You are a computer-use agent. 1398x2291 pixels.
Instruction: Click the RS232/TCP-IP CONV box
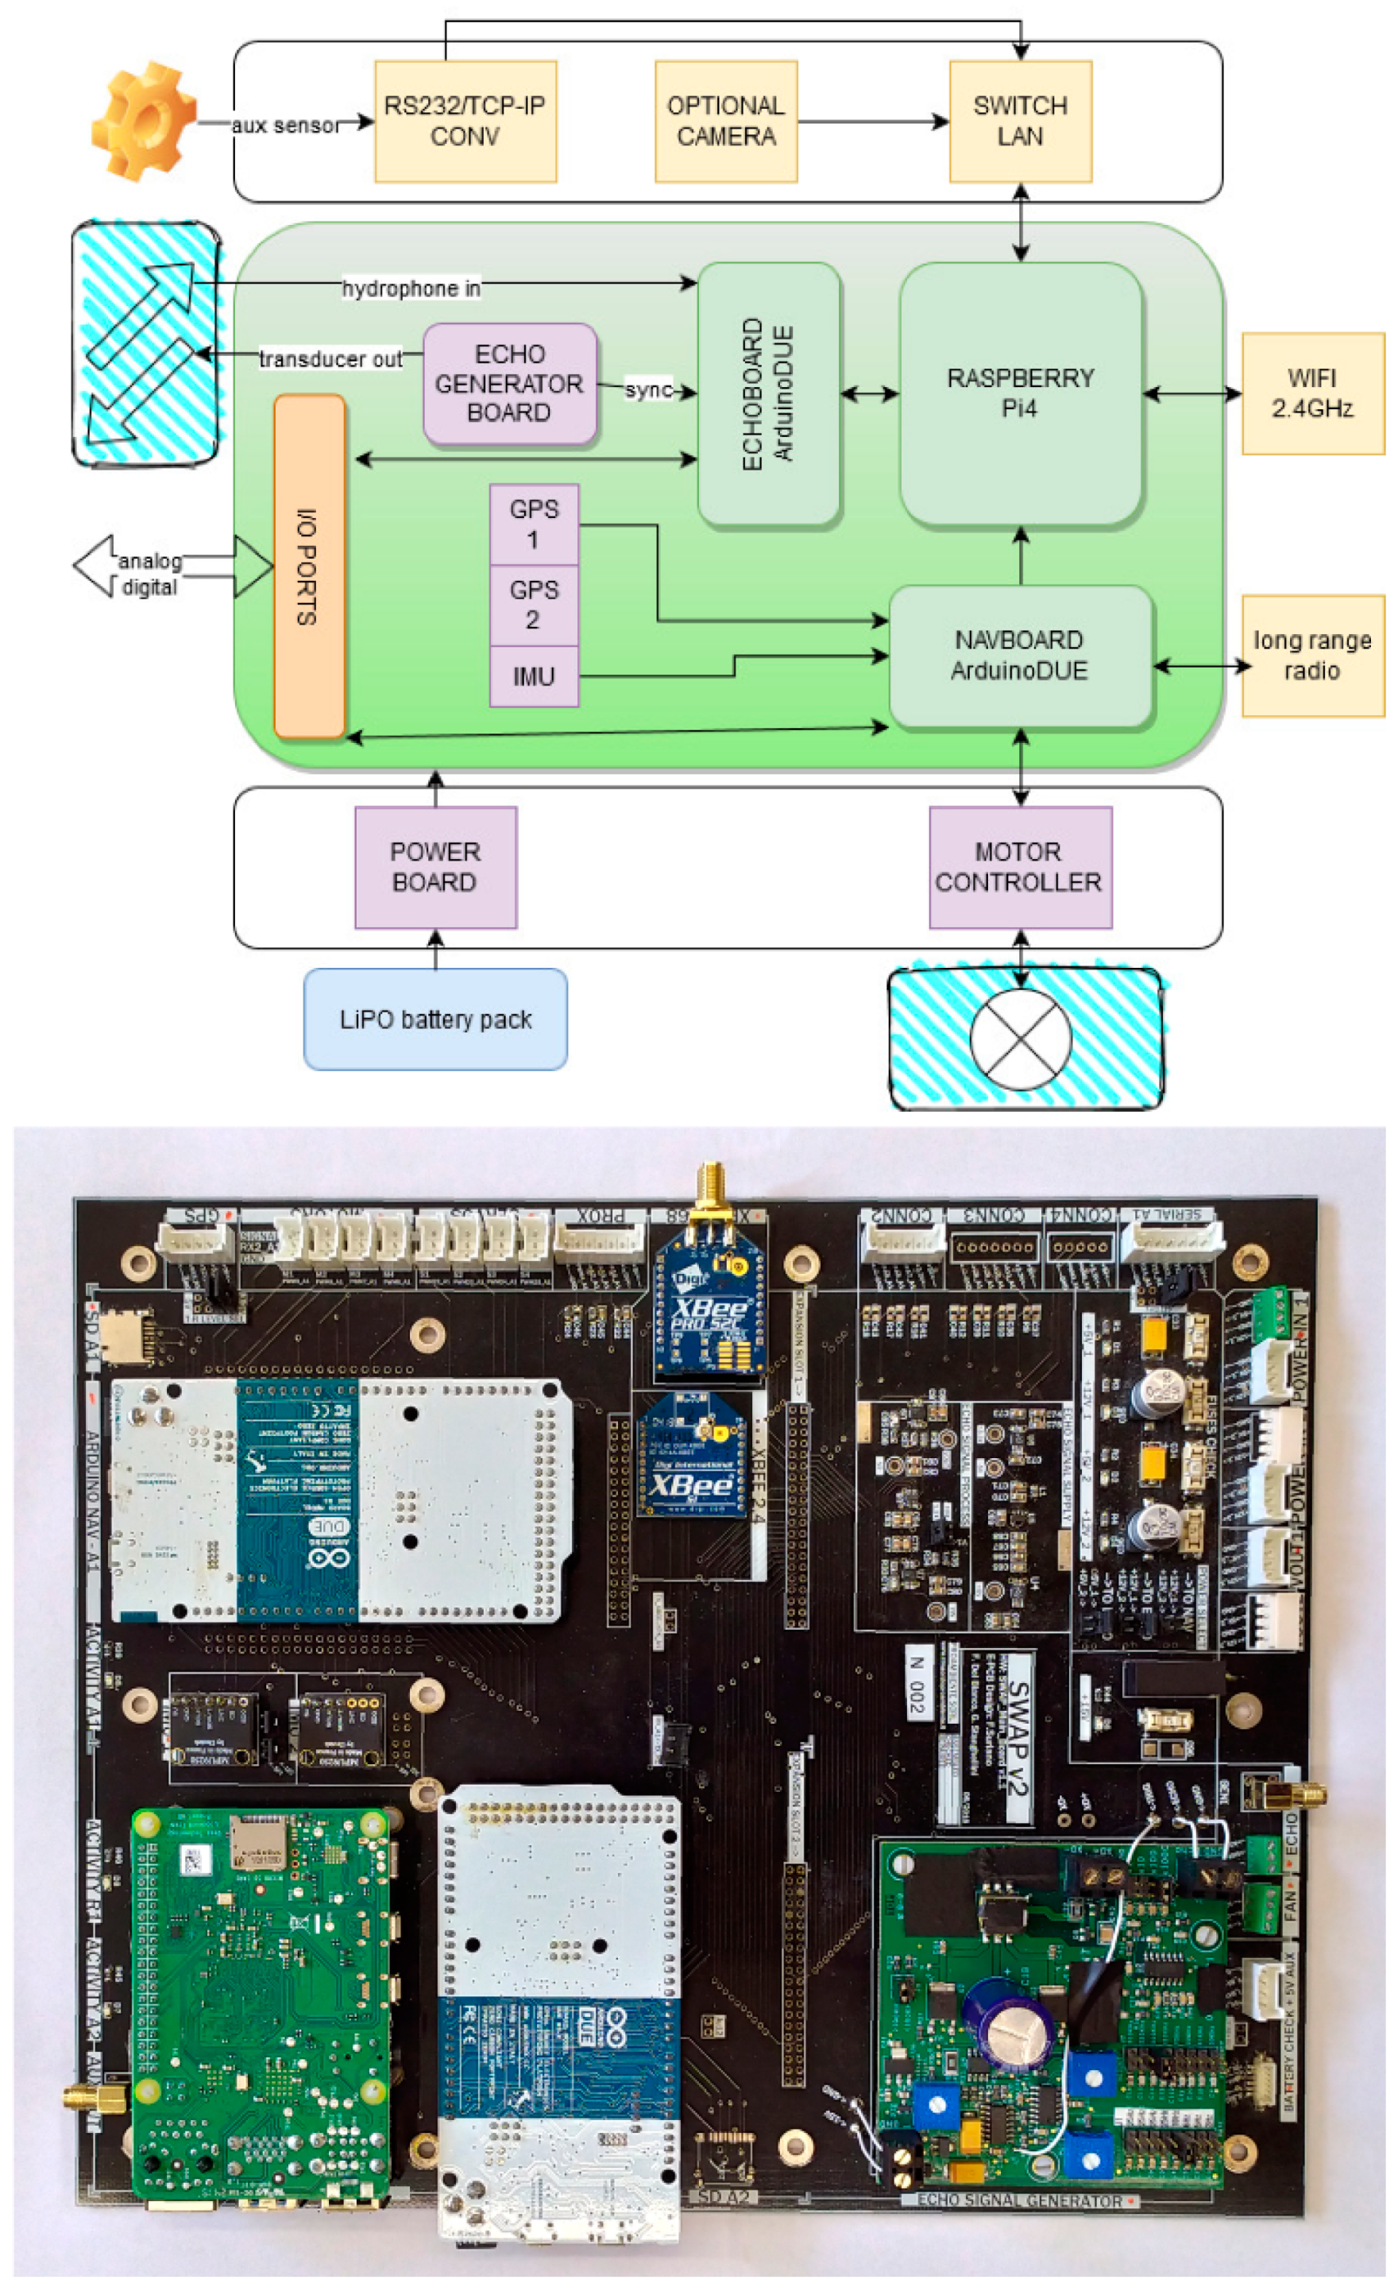pyautogui.click(x=465, y=121)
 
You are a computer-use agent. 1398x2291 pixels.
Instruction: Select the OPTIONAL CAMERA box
pyautogui.click(x=725, y=121)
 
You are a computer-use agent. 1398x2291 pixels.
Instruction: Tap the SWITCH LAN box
pyautogui.click(x=1020, y=121)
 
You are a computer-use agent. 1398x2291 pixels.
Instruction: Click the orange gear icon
pyautogui.click(x=144, y=121)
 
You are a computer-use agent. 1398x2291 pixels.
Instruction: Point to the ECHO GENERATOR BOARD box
pyautogui.click(x=508, y=383)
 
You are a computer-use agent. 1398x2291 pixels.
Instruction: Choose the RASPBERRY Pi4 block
pyautogui.click(x=1020, y=393)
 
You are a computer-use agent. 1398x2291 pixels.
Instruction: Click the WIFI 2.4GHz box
pyautogui.click(x=1311, y=393)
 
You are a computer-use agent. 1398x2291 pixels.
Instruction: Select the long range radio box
pyautogui.click(x=1311, y=655)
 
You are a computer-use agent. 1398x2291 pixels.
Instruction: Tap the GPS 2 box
pyautogui.click(x=533, y=605)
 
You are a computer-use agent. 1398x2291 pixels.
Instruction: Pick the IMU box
pyautogui.click(x=533, y=676)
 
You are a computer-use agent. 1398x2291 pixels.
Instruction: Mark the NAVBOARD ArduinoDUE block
pyautogui.click(x=1020, y=655)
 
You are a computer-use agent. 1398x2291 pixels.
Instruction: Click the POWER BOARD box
pyautogui.click(x=435, y=866)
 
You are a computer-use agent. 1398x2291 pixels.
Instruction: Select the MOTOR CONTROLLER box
pyautogui.click(x=1020, y=866)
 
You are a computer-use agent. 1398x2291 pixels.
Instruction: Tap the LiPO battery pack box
pyautogui.click(x=435, y=1019)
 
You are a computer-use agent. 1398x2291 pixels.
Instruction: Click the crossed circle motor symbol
pyautogui.click(x=1020, y=1039)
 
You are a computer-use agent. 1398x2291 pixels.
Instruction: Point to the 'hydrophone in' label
pyautogui.click(x=411, y=288)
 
